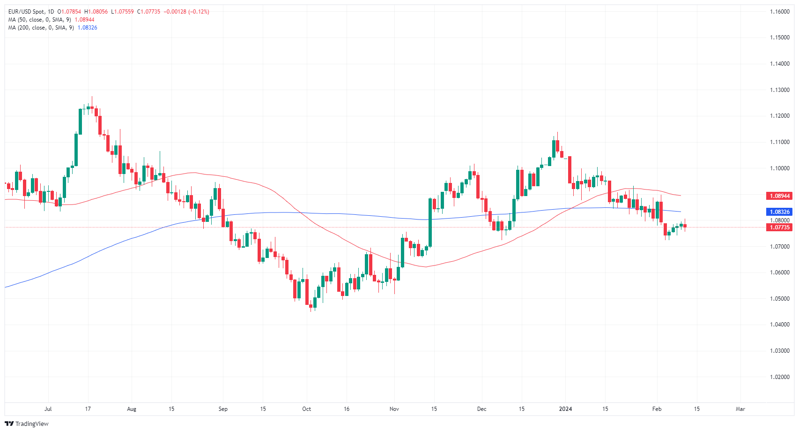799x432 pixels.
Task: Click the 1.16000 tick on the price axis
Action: (779, 12)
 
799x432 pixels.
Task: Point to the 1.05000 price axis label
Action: (779, 299)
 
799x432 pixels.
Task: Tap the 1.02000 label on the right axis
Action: (779, 377)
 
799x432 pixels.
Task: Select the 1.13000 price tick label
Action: (779, 90)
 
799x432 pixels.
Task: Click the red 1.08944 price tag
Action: (779, 196)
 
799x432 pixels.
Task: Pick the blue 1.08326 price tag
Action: (779, 212)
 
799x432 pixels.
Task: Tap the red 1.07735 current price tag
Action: (779, 227)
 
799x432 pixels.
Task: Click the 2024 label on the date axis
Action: (565, 409)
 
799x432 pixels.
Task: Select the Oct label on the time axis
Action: (306, 409)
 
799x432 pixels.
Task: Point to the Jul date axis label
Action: (48, 409)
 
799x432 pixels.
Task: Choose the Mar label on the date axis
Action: (740, 409)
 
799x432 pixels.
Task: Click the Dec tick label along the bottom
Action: (481, 409)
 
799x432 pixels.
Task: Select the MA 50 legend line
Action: (40, 20)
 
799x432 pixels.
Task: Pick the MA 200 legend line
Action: (41, 28)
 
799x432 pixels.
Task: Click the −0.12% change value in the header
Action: (199, 12)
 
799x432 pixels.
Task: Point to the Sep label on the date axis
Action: (223, 409)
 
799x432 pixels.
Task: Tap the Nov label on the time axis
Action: (394, 409)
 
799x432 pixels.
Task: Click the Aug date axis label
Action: (132, 409)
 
